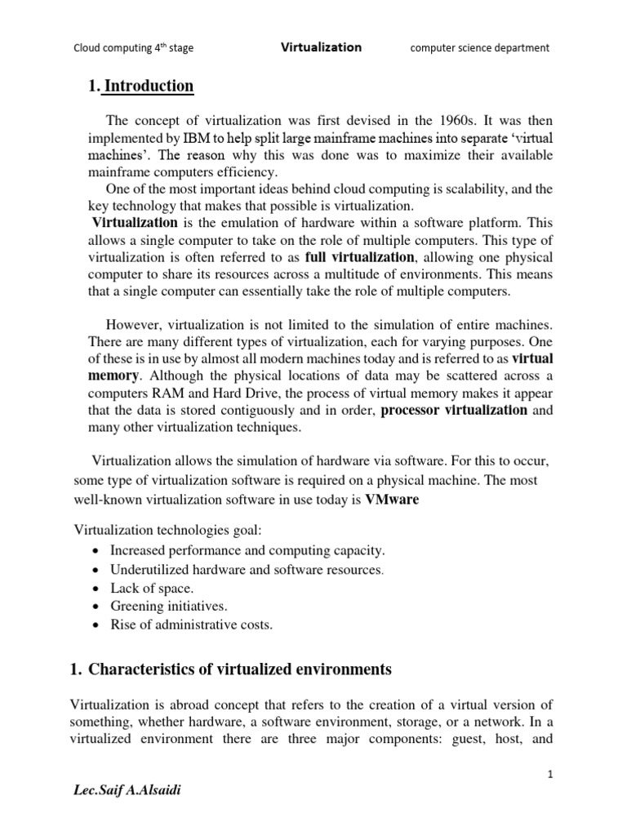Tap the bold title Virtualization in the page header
(x=321, y=47)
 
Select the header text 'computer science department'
(x=479, y=48)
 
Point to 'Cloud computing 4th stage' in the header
(x=134, y=48)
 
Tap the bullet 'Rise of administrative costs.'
(x=197, y=625)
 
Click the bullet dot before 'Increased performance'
(x=97, y=551)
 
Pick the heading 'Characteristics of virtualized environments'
(x=240, y=670)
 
